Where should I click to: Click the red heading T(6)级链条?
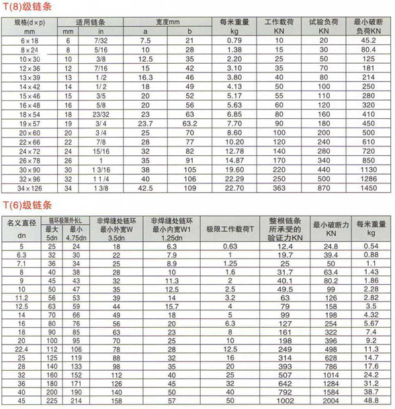click(28, 205)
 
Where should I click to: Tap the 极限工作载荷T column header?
click(230, 229)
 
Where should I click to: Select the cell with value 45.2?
click(368, 41)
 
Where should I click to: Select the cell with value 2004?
click(331, 402)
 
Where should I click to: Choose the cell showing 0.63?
click(230, 247)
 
